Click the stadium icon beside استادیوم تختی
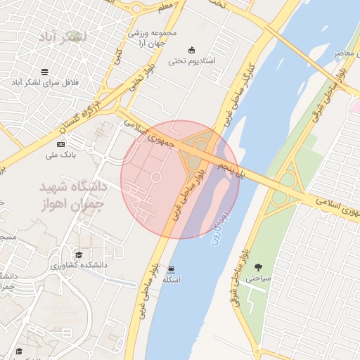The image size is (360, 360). coord(192,49)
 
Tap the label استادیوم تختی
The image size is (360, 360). coord(192,61)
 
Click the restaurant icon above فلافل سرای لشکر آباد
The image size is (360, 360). coord(45,72)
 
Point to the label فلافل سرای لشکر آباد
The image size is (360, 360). coord(45,83)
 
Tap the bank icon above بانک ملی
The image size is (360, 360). coord(60,143)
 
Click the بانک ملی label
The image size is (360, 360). coord(60,155)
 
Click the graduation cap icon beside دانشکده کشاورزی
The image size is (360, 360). coord(79,254)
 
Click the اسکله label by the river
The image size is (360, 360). coord(172,280)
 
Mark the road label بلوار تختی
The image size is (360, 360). coord(139,82)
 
